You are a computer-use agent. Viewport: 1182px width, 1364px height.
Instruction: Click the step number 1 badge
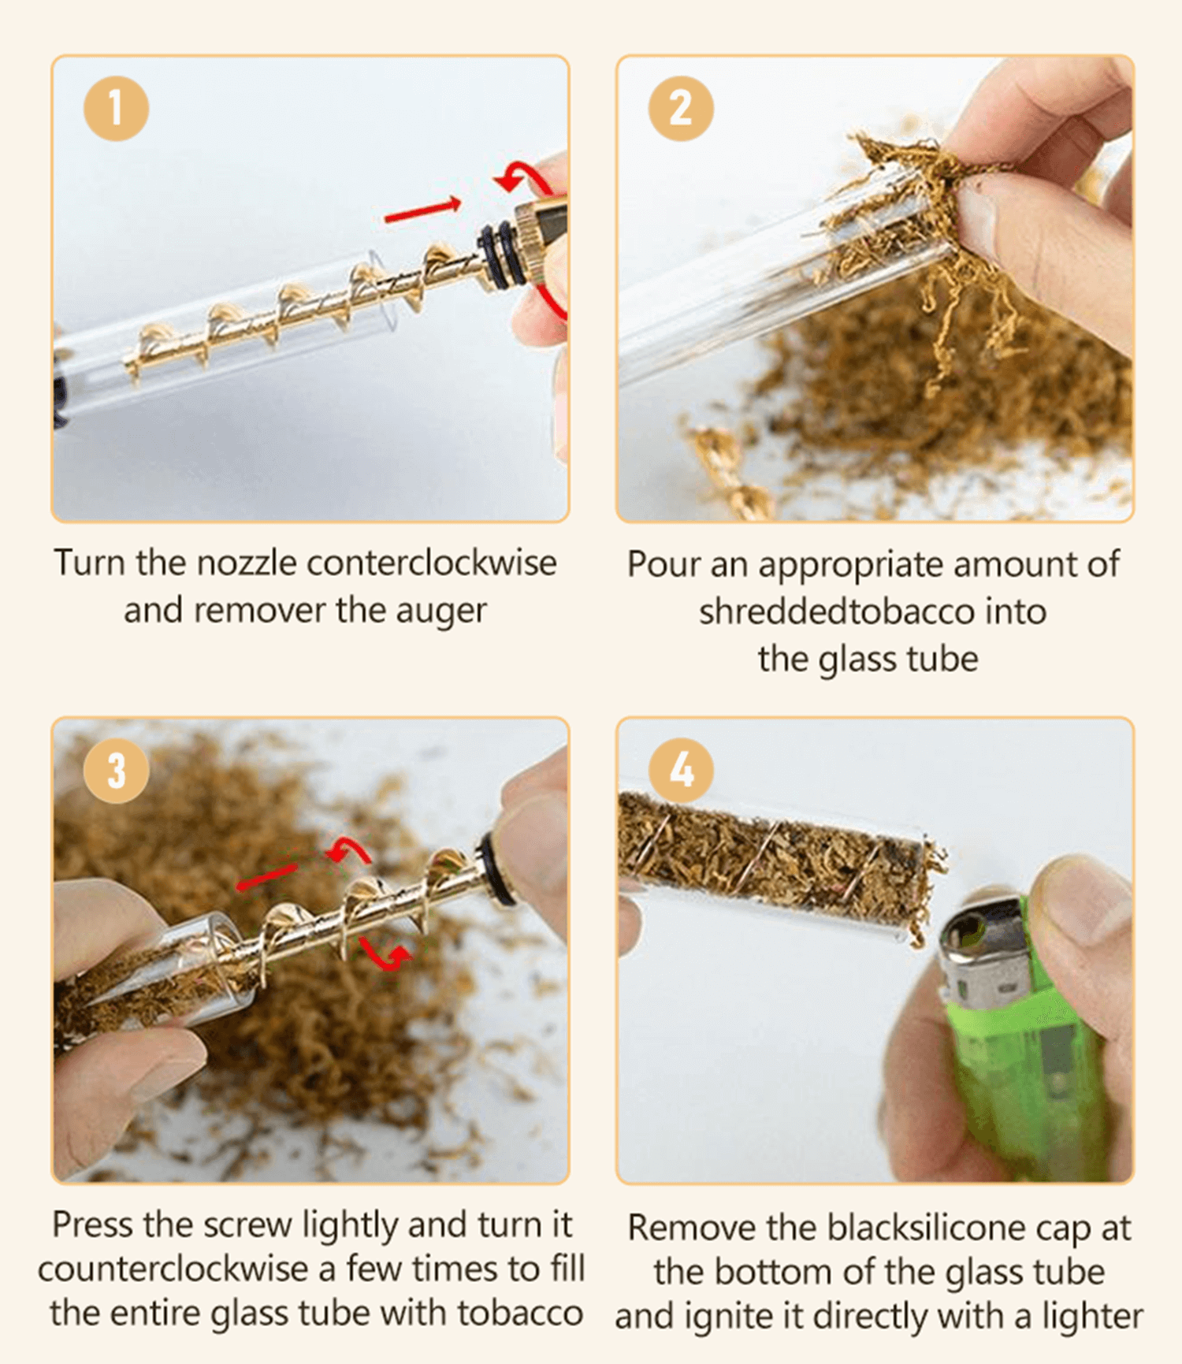[116, 108]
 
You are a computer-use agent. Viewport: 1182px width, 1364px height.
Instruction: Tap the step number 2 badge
[681, 108]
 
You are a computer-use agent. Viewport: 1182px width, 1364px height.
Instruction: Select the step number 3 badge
[116, 770]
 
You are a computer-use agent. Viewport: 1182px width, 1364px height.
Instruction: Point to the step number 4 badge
[681, 770]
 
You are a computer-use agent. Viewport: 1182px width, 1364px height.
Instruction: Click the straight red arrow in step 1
[422, 210]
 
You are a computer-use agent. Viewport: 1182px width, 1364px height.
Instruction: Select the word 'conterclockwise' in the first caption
[431, 563]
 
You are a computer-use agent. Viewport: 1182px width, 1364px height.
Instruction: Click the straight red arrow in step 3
[267, 876]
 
